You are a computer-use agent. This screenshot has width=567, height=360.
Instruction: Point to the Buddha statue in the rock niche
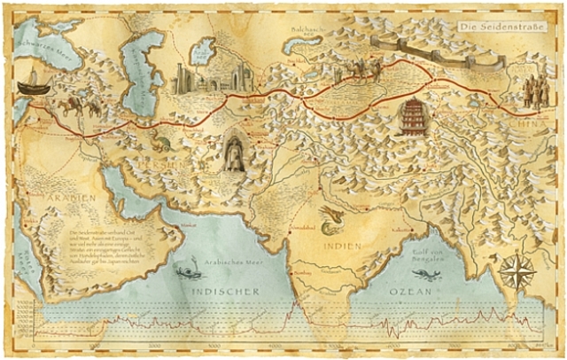coord(235,153)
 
